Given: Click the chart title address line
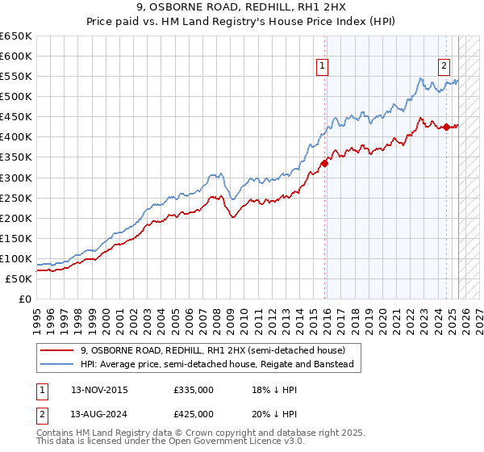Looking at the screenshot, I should coord(242,8).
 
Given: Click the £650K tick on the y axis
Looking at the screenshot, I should coord(16,36).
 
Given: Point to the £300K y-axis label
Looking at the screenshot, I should coord(16,178).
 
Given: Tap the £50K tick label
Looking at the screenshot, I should coord(19,278).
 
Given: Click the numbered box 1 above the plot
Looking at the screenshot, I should coord(323,67).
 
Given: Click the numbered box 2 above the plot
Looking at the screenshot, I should coord(444,67).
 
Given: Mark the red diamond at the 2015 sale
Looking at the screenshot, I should coord(324,162).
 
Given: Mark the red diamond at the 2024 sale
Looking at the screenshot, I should coord(445,126).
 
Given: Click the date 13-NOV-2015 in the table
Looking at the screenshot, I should coord(99,389).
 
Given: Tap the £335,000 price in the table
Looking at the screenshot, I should coord(194,389).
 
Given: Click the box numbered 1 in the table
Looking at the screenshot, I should coord(39,389).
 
